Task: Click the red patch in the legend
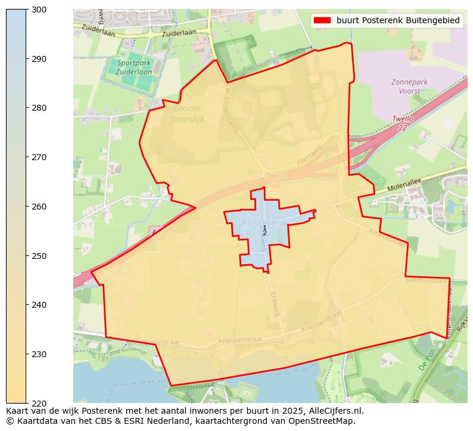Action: point(322,20)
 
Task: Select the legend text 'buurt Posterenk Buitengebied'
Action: point(397,20)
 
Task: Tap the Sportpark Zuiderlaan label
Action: point(135,67)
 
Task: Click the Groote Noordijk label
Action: point(186,114)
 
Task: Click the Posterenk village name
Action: point(264,222)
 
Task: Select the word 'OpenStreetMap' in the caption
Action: point(325,421)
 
